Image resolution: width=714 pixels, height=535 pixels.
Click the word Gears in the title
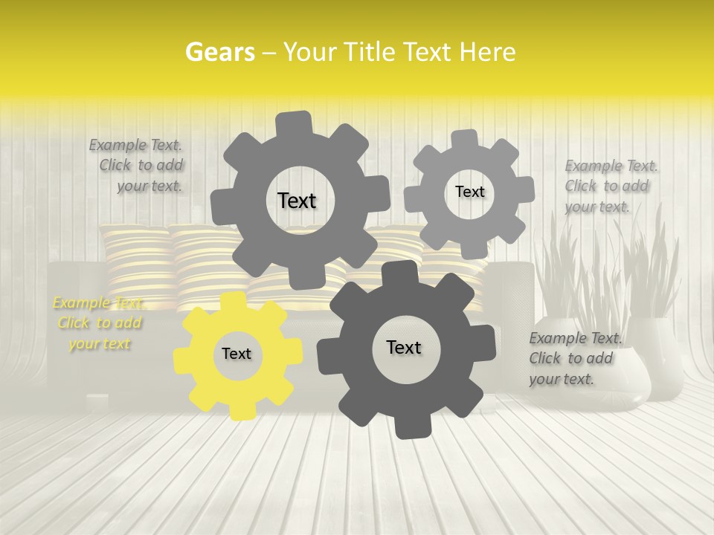tap(219, 52)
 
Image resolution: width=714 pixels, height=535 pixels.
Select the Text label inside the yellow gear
tap(237, 354)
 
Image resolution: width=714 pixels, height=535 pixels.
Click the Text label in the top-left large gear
tap(297, 201)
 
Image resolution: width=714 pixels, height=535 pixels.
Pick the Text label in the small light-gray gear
tap(469, 192)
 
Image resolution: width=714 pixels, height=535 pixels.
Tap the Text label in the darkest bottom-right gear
tap(404, 348)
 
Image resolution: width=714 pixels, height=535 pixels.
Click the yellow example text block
tap(99, 323)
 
